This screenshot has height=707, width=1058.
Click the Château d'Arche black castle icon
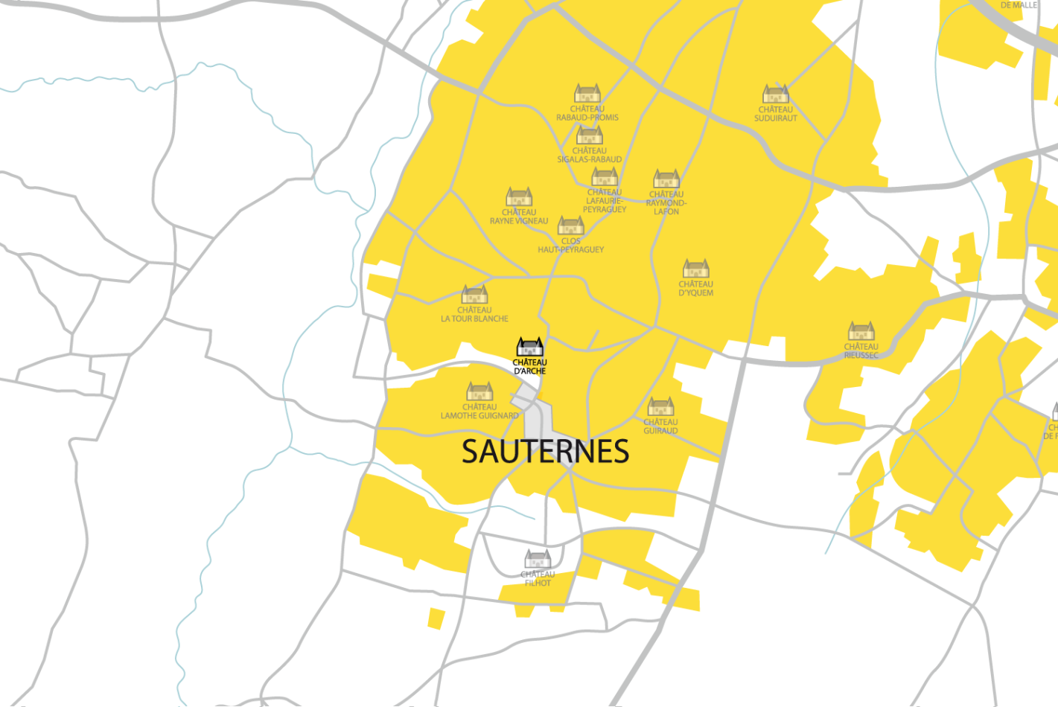click(x=530, y=347)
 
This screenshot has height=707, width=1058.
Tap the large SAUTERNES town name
click(x=545, y=452)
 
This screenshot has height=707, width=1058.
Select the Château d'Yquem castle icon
click(x=696, y=269)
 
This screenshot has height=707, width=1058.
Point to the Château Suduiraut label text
click(x=775, y=114)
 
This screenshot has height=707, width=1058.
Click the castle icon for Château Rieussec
click(x=861, y=331)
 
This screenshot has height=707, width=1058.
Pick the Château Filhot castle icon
click(x=538, y=559)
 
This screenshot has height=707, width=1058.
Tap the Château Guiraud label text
click(x=660, y=426)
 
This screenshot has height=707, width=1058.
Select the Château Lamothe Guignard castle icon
click(x=479, y=391)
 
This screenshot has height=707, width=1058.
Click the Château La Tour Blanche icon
click(x=474, y=295)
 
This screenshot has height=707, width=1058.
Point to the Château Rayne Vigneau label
click(x=519, y=217)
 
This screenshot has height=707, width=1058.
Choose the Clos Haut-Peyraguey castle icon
click(x=571, y=225)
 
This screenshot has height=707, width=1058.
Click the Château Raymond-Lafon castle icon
click(x=666, y=179)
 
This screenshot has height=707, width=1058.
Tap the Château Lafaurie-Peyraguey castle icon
click(x=605, y=177)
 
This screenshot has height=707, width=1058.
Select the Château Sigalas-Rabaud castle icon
click(x=589, y=135)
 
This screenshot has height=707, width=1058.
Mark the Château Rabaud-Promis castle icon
click(x=587, y=94)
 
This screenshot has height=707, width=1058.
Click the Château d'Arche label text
click(x=529, y=367)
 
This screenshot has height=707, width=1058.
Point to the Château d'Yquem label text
click(x=696, y=289)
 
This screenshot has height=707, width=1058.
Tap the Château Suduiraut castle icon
click(x=775, y=94)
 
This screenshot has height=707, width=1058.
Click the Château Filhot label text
click(x=538, y=579)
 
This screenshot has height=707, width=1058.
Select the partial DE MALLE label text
click(x=1019, y=5)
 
